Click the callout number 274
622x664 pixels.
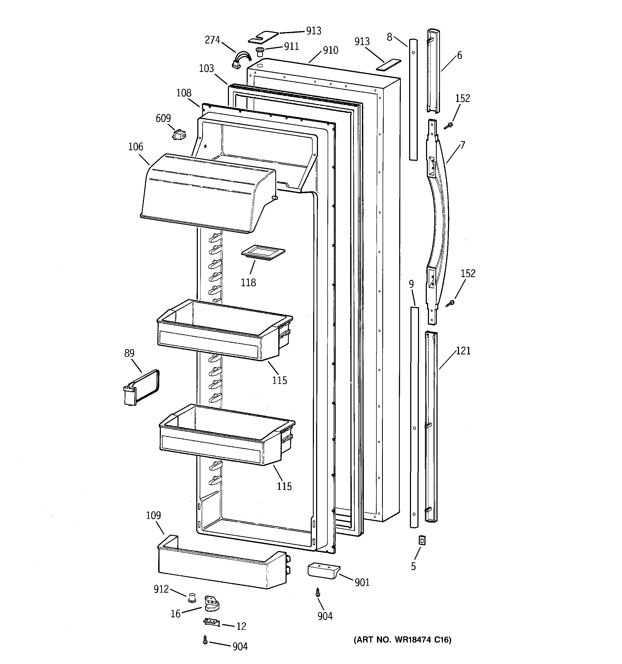tap(212, 40)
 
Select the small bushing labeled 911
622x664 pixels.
tap(260, 52)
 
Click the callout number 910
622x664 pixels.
tap(330, 50)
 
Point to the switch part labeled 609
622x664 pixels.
tap(179, 135)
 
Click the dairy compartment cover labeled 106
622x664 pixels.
tap(204, 194)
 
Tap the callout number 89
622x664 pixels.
tap(129, 353)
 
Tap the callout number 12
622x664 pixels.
tap(241, 626)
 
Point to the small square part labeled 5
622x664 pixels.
tap(422, 540)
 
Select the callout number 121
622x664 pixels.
tap(463, 351)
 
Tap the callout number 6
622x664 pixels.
tap(460, 56)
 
